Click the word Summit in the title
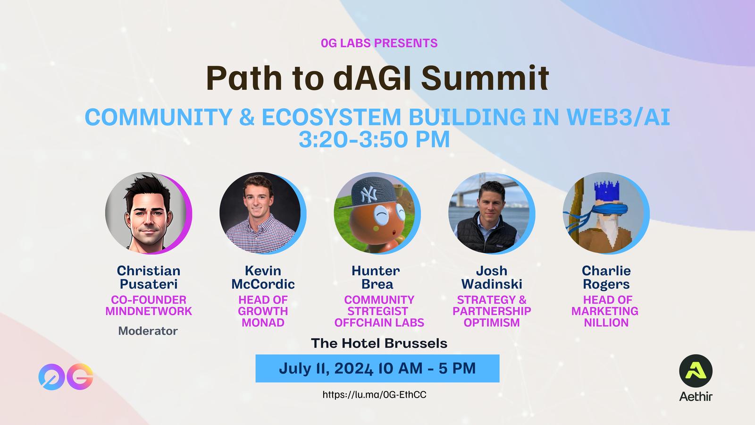pyautogui.click(x=485, y=78)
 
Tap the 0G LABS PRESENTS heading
pyautogui.click(x=379, y=43)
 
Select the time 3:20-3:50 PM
pyautogui.click(x=374, y=139)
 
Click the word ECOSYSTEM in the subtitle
pyautogui.click(x=331, y=117)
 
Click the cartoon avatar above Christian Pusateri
pyautogui.click(x=148, y=213)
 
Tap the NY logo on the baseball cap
pyautogui.click(x=369, y=194)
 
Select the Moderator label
pyautogui.click(x=148, y=331)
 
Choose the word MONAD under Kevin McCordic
pyautogui.click(x=263, y=323)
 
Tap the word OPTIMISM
pyautogui.click(x=491, y=323)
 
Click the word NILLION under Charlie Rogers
pyautogui.click(x=606, y=323)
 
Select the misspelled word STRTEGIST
pyautogui.click(x=377, y=311)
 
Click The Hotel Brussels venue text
pyautogui.click(x=379, y=343)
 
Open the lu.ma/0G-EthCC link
pyautogui.click(x=375, y=395)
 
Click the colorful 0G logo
pyautogui.click(x=66, y=377)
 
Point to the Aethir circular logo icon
pyautogui.click(x=696, y=371)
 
